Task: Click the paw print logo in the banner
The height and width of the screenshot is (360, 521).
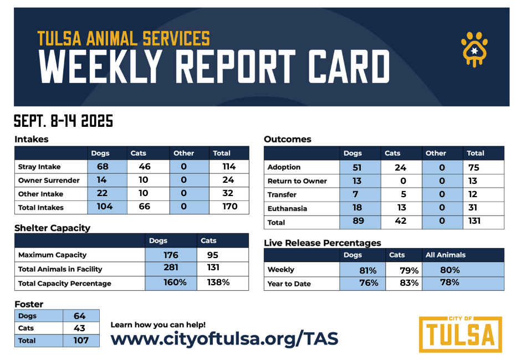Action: click(x=474, y=48)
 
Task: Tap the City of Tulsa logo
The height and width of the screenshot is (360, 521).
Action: click(x=460, y=334)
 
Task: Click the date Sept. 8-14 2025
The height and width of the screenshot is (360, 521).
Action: click(x=63, y=121)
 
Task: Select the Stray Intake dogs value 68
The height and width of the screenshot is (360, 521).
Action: click(x=102, y=166)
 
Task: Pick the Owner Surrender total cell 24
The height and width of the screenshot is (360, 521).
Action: click(x=228, y=180)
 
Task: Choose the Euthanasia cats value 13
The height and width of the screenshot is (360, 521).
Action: click(x=401, y=208)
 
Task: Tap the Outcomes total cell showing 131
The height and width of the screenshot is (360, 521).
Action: click(x=473, y=221)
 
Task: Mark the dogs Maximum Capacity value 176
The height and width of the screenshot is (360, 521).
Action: click(x=171, y=255)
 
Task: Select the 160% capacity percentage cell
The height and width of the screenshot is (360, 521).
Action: click(x=171, y=282)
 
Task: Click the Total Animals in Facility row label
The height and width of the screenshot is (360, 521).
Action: click(x=60, y=269)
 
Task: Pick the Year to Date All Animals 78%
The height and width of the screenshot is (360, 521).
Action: click(x=450, y=282)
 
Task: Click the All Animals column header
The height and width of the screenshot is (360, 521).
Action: click(x=446, y=255)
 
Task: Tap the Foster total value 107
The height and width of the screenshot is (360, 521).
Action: click(x=81, y=340)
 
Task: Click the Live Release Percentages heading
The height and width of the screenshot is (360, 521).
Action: click(x=322, y=243)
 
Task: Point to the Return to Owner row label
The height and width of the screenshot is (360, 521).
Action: click(x=297, y=181)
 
